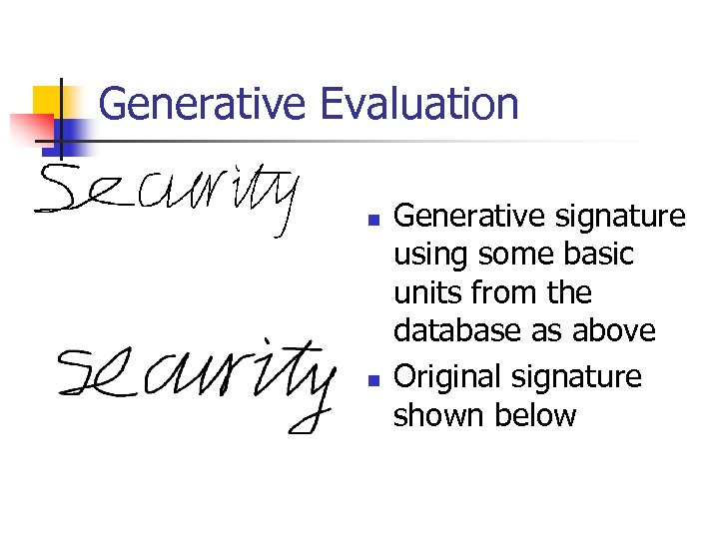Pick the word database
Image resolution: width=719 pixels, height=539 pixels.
click(459, 330)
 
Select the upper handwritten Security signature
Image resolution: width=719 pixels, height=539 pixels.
click(168, 200)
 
